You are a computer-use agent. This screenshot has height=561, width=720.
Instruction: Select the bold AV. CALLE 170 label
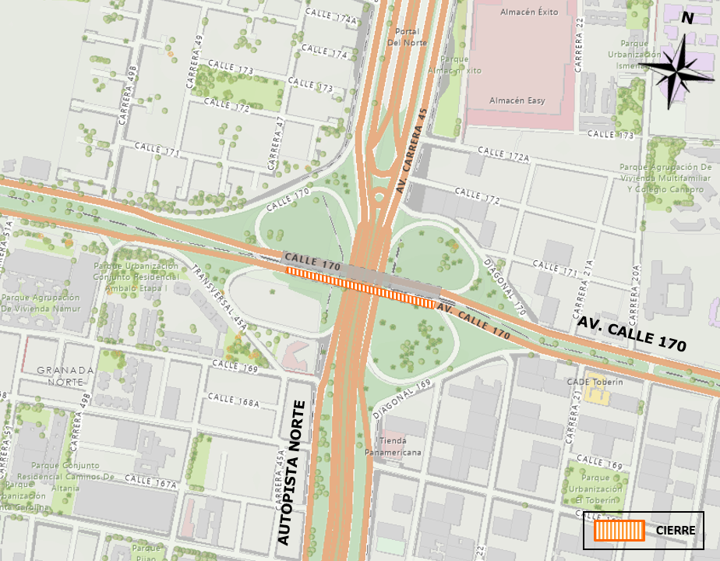click(x=631, y=333)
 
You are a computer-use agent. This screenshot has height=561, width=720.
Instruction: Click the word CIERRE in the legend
click(x=676, y=531)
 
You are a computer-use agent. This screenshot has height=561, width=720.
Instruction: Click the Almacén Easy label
click(x=517, y=101)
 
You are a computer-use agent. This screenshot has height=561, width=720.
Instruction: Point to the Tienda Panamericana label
click(x=394, y=446)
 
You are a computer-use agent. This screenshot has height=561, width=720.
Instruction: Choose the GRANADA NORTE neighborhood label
click(x=65, y=376)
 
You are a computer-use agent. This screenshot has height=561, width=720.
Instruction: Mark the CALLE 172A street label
click(x=503, y=154)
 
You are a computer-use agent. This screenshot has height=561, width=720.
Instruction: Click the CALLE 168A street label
click(x=234, y=400)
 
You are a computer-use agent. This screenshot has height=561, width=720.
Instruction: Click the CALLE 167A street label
click(x=150, y=482)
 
